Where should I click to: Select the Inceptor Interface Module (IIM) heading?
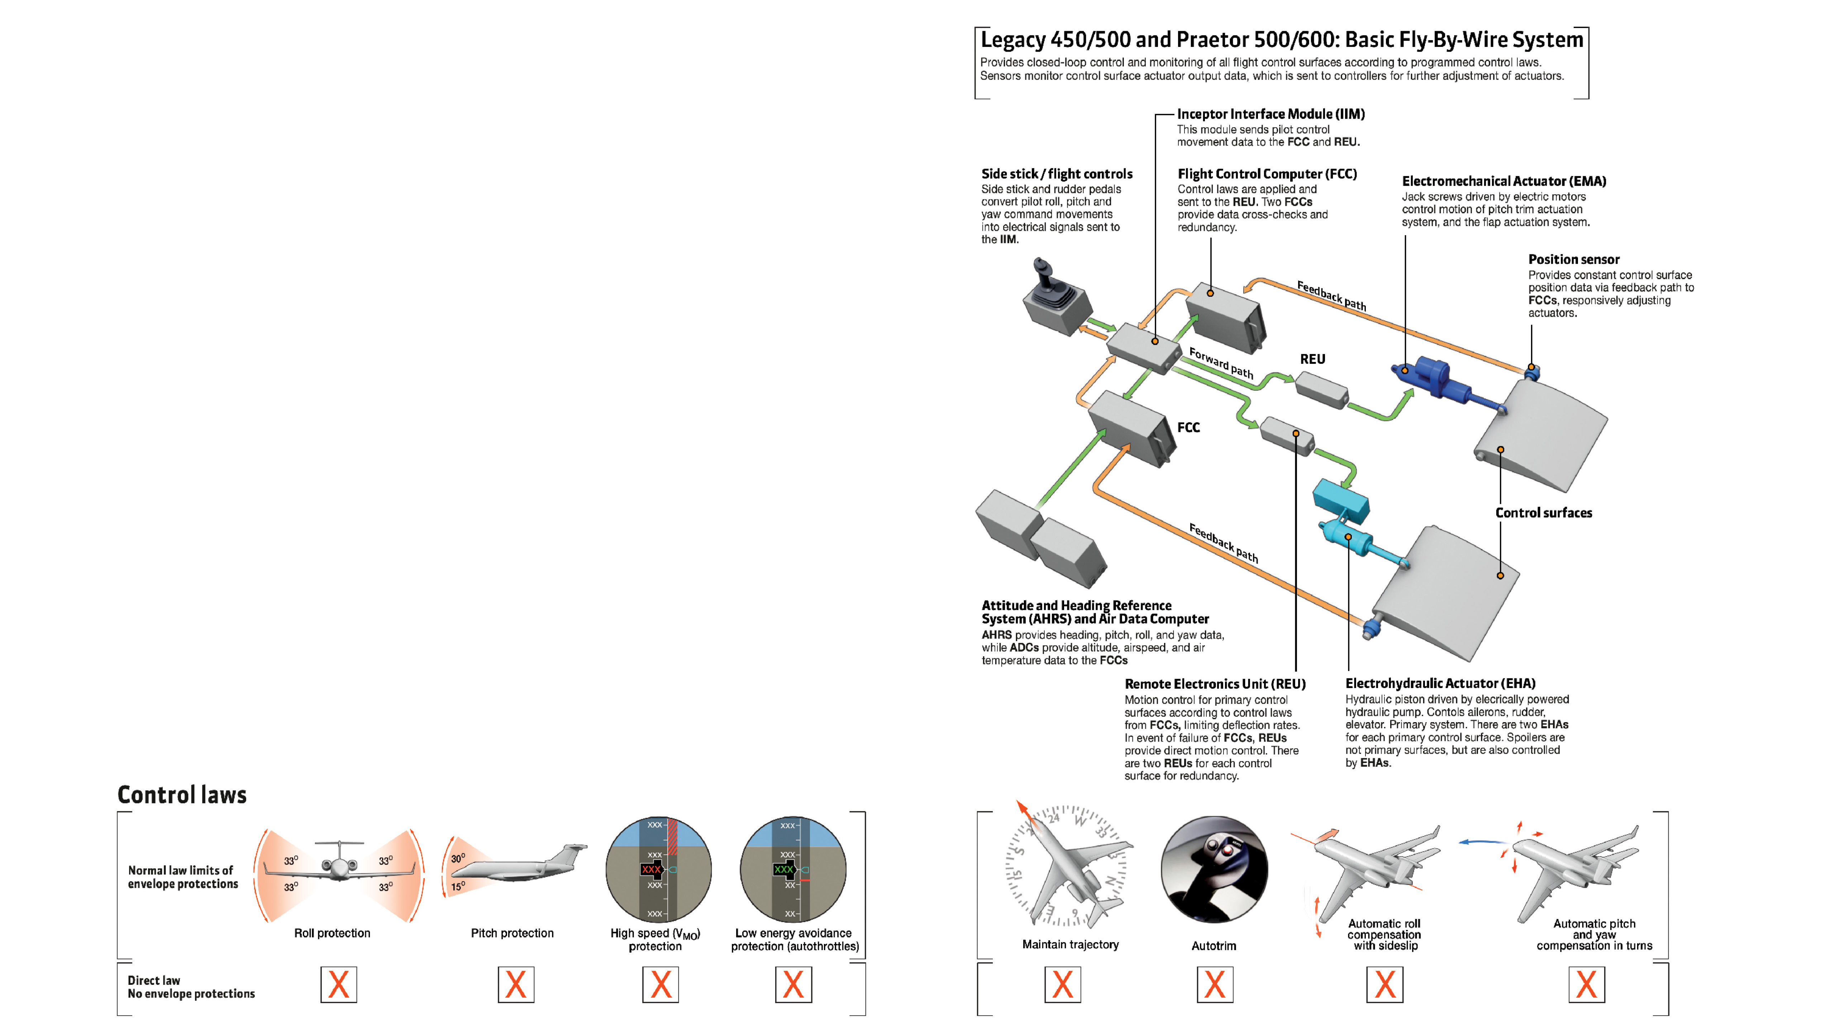(1270, 114)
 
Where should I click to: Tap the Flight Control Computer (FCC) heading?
(1267, 173)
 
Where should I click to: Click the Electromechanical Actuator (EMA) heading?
(1503, 181)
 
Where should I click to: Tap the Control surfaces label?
(1543, 512)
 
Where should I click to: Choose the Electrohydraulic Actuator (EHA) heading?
(1440, 683)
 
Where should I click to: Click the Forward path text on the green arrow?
(1221, 363)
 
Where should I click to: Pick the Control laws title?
(182, 795)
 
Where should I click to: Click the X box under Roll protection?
(338, 984)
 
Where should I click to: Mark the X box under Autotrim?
(1215, 984)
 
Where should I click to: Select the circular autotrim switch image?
(1214, 869)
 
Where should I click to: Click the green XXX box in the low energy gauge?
(783, 869)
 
